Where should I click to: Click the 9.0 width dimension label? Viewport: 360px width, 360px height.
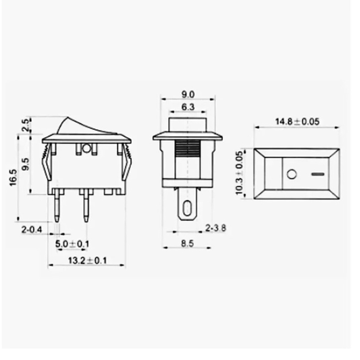pos(188,95)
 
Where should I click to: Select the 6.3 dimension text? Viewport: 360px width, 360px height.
pos(188,107)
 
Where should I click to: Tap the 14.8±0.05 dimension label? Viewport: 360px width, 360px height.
pos(297,121)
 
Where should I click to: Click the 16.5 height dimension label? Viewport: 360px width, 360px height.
pos(13,177)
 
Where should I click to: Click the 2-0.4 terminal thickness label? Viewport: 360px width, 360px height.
pos(32,230)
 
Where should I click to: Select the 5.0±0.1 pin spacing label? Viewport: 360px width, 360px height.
pos(72,244)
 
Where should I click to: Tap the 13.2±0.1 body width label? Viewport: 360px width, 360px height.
pos(87,260)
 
